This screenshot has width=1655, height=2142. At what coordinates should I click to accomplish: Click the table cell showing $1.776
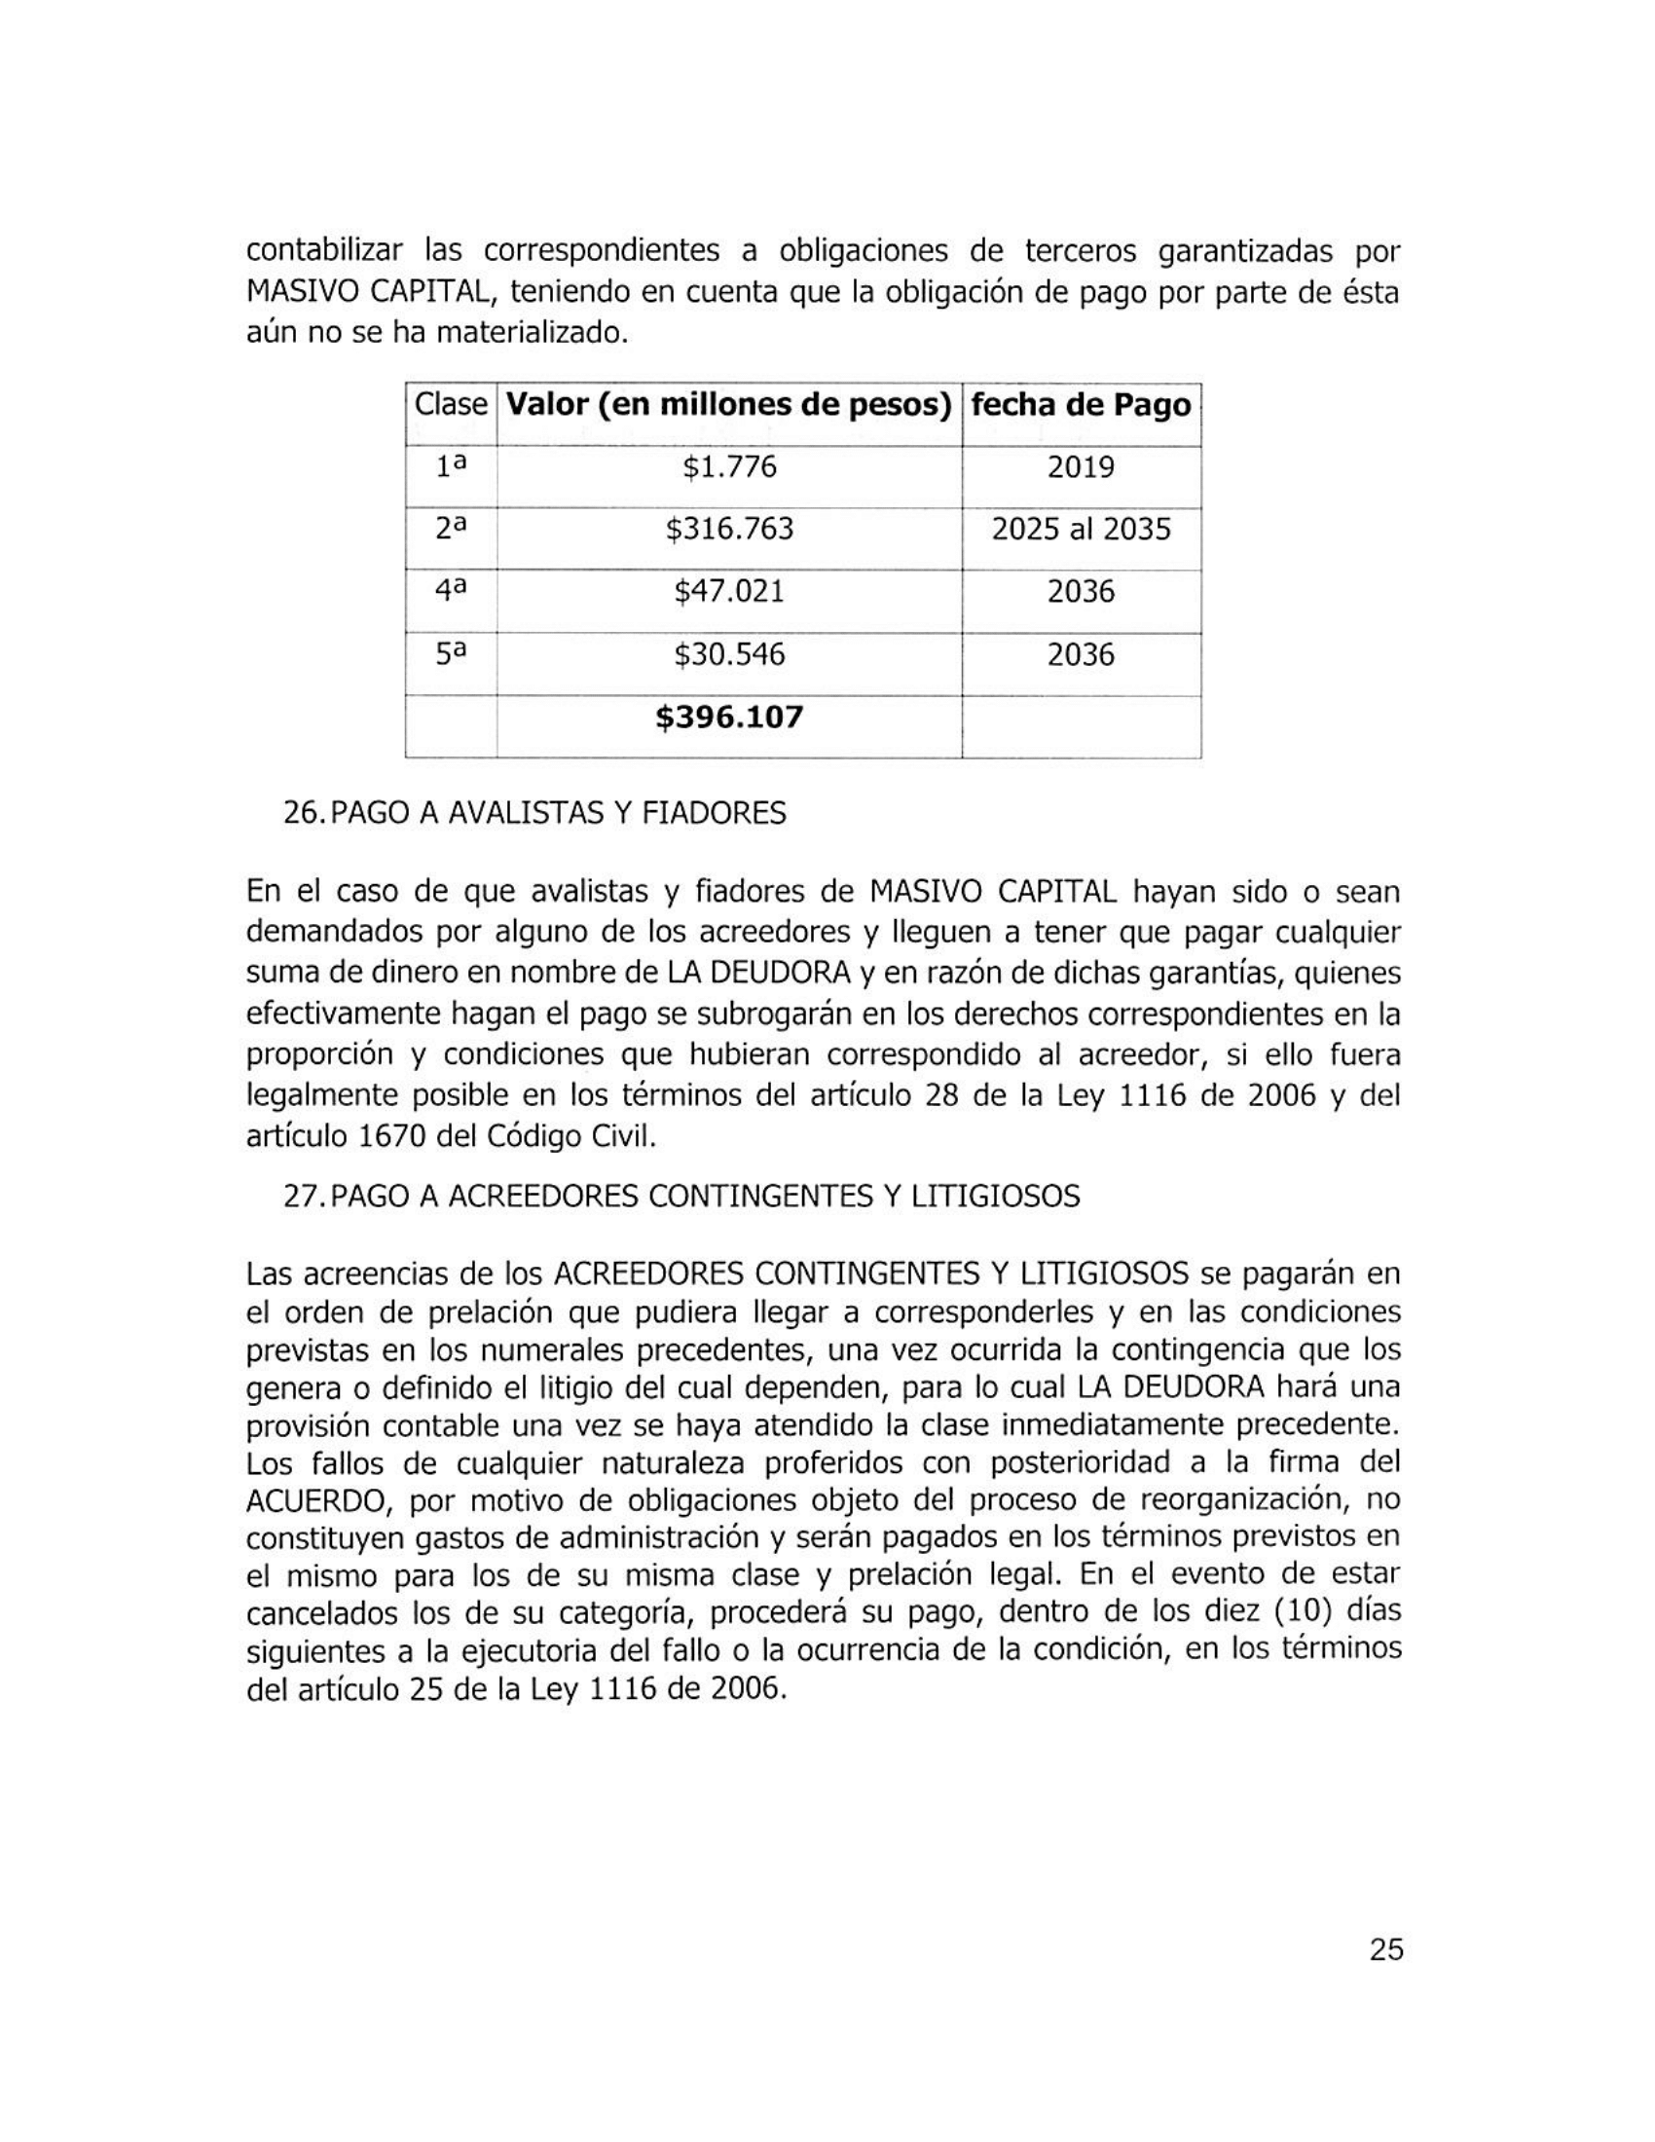pyautogui.click(x=728, y=466)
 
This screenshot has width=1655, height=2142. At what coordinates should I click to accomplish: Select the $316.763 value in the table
pyautogui.click(x=728, y=530)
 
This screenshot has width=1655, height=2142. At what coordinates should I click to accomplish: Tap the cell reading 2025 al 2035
pyautogui.click(x=1081, y=530)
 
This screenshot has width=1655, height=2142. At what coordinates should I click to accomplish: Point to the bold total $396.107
pyautogui.click(x=728, y=717)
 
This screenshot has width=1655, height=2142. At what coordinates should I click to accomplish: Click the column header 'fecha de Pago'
pyautogui.click(x=1081, y=405)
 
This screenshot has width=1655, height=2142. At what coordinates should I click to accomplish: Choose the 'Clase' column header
pyautogui.click(x=450, y=404)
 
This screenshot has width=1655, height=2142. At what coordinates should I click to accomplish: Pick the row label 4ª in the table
pyautogui.click(x=450, y=590)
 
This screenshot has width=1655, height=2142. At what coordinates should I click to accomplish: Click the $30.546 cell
pyautogui.click(x=728, y=654)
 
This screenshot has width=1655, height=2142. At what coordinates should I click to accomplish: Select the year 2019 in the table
pyautogui.click(x=1081, y=466)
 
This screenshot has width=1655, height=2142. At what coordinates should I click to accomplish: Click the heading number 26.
pyautogui.click(x=301, y=813)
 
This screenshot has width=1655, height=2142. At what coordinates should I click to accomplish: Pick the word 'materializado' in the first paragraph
pyautogui.click(x=530, y=333)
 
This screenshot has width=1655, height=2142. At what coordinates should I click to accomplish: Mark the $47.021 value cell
pyautogui.click(x=728, y=591)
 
